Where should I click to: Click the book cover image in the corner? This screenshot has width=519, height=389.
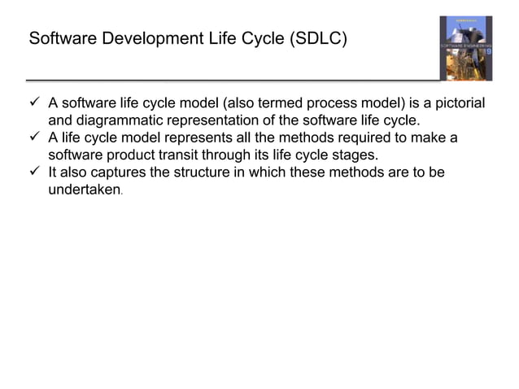[465, 48]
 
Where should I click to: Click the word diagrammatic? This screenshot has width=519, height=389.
[119, 120]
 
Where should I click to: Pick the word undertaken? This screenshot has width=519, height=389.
[85, 189]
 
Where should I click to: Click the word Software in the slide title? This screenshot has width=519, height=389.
[59, 38]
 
